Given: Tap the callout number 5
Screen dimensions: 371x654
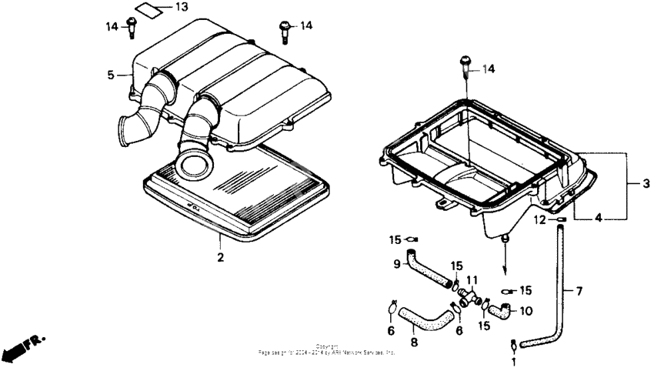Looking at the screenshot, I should pos(111,75).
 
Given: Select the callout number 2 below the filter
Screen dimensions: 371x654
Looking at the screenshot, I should pos(220,257).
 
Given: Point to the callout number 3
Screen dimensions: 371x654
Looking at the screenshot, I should pos(646,184).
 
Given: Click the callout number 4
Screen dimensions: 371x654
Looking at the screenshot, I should pos(598,218).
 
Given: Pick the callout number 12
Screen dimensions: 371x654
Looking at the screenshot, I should pos(541,219).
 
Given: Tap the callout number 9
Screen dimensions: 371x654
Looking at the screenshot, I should pos(398,264).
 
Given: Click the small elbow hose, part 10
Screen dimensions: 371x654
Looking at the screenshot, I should pos(500,311).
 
